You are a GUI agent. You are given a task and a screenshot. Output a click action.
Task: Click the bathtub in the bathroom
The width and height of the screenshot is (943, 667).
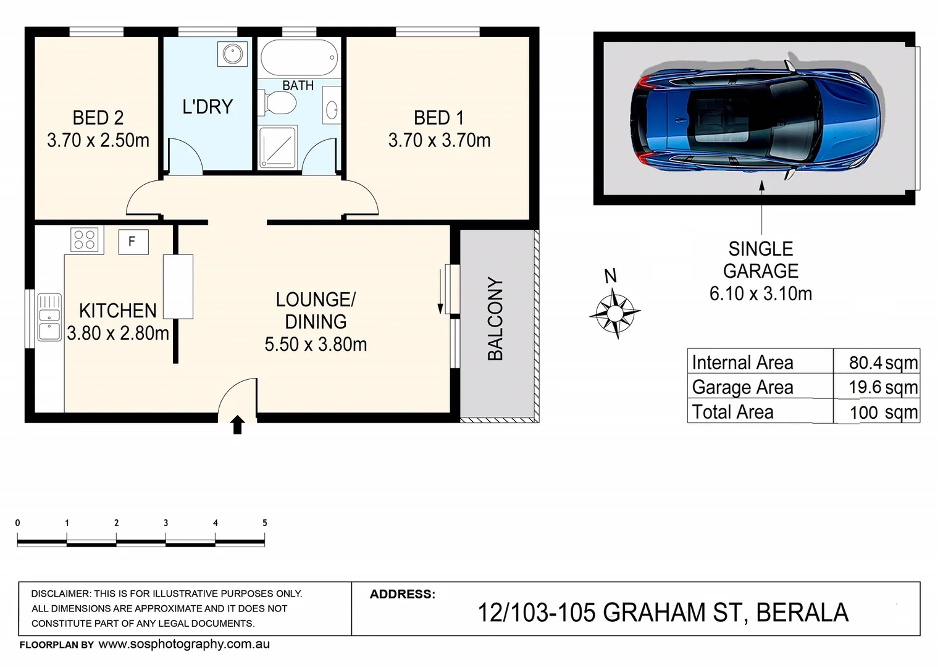[299, 57]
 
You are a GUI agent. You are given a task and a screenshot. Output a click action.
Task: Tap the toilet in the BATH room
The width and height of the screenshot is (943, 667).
[277, 103]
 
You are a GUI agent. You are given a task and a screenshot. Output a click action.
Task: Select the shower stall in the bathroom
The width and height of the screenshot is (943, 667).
[277, 147]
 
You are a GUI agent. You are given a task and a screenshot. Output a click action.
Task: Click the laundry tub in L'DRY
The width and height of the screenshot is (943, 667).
[232, 54]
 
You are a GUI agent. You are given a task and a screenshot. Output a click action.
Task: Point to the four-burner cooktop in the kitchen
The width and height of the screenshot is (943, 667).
[84, 240]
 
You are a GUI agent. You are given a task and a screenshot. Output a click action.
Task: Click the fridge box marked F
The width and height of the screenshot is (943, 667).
[133, 241]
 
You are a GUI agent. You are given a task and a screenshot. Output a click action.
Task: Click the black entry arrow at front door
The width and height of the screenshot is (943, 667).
[237, 425]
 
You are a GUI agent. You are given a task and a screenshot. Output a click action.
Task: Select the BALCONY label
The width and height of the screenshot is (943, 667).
[495, 319]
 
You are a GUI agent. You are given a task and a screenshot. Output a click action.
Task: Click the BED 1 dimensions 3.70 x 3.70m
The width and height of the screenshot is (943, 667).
[439, 141]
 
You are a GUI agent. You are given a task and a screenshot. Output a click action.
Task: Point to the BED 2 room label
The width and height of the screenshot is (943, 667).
[98, 117]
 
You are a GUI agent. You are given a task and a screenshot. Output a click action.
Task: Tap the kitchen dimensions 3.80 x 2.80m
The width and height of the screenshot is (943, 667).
[117, 333]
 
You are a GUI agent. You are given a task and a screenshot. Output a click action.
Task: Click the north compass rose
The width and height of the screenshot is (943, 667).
[614, 312]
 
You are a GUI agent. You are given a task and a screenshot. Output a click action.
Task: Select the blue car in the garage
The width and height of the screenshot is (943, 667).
[755, 119]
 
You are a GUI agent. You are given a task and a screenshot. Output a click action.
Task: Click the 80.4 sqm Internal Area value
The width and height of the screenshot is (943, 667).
[882, 363]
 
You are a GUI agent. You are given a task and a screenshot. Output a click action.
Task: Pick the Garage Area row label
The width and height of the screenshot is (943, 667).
[742, 387]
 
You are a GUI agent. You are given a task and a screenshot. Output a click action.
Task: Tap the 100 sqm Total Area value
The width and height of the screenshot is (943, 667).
[883, 413]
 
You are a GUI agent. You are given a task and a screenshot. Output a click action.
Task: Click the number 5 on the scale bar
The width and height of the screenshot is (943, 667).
[265, 522]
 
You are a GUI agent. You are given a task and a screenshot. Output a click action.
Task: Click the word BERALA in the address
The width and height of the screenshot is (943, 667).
[802, 613]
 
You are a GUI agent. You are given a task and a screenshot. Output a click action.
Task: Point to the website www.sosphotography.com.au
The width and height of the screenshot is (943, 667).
[184, 644]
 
